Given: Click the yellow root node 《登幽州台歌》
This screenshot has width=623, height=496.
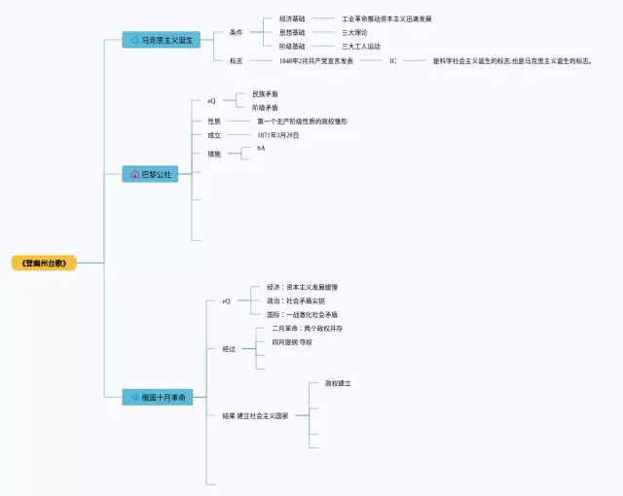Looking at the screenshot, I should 44,263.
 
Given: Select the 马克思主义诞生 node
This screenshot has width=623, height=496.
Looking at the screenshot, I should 162,40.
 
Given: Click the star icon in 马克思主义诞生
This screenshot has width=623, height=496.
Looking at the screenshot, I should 134,40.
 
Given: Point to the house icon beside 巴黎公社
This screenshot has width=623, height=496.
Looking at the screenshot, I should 134,174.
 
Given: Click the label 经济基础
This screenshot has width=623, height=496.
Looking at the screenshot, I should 292,18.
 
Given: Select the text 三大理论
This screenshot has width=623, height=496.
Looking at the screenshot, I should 354,32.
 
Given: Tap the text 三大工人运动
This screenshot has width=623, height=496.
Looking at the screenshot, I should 361,46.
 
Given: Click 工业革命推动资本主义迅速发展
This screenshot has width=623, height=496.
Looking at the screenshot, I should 386,18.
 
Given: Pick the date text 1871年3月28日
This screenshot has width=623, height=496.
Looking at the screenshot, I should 278,135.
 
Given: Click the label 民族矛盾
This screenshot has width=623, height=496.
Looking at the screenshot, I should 265,94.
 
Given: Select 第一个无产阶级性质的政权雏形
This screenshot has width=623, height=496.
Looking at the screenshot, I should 302,122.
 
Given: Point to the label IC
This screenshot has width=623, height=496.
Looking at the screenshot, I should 393,60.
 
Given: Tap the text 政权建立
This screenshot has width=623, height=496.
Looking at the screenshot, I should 338,383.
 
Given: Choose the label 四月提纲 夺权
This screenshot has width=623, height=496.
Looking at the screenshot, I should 292,342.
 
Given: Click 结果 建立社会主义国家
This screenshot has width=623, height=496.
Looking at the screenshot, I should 255,415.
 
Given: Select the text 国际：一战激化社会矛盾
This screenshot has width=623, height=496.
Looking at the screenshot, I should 303,315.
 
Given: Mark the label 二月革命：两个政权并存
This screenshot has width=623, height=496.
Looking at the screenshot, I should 307,329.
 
